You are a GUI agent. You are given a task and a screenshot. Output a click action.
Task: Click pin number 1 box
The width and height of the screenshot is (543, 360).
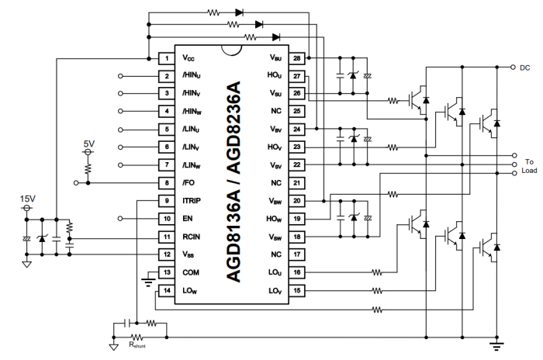click(x=165, y=58)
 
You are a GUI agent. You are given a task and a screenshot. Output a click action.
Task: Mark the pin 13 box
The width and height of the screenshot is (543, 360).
click(x=165, y=272)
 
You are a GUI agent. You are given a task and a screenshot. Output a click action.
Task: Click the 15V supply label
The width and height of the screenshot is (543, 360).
click(x=29, y=199)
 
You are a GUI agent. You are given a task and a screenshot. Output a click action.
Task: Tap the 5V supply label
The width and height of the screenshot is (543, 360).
click(x=88, y=145)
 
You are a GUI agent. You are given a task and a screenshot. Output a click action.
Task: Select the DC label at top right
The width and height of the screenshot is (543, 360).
click(x=524, y=67)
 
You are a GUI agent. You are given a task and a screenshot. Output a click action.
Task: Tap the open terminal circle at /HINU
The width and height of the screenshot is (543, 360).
click(x=120, y=76)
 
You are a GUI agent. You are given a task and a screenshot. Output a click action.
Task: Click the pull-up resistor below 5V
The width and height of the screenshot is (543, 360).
click(x=88, y=167)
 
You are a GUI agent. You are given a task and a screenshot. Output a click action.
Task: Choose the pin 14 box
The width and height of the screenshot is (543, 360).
click(x=165, y=290)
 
